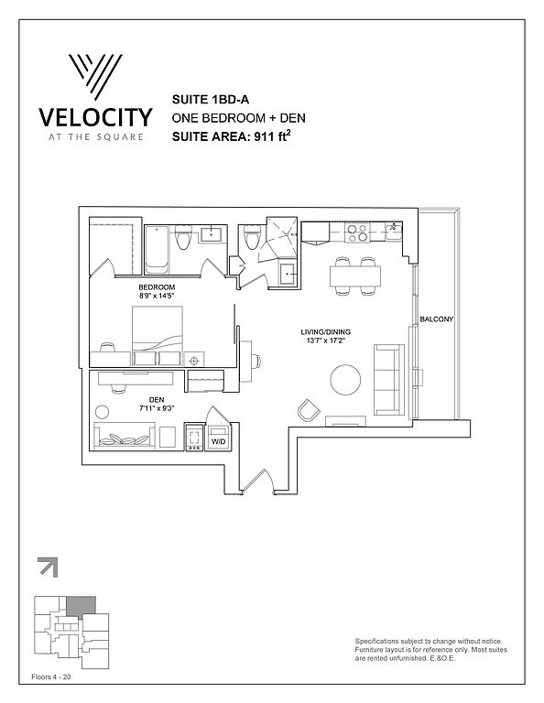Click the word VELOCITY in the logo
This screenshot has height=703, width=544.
(95, 117)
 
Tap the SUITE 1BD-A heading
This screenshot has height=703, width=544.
(211, 100)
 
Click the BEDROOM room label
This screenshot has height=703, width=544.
(157, 287)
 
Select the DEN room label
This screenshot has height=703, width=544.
(157, 399)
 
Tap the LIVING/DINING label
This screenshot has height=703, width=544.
(326, 331)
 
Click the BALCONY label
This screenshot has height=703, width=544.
(436, 319)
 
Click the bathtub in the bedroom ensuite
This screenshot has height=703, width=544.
(157, 249)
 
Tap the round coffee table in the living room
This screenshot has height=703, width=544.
(345, 380)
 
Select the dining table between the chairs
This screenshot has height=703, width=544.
(355, 276)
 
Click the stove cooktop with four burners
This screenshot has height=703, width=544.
(358, 233)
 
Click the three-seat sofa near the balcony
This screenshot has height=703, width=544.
(389, 380)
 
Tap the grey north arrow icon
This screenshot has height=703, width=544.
(48, 568)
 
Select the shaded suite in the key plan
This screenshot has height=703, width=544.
(82, 606)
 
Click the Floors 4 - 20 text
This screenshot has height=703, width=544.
(51, 677)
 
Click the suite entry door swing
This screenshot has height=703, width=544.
(258, 481)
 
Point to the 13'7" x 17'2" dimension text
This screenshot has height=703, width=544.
(326, 341)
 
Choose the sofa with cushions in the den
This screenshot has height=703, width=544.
(125, 435)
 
